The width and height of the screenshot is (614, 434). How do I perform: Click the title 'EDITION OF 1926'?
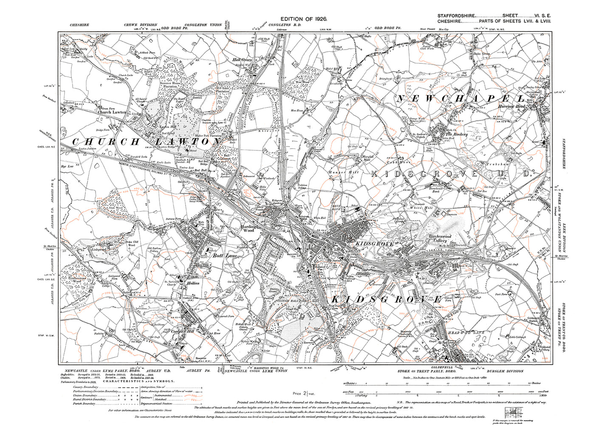(x=306, y=19)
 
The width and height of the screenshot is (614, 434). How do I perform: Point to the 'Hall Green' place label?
(x=241, y=60)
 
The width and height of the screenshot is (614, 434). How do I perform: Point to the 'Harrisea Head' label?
(x=512, y=107)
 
